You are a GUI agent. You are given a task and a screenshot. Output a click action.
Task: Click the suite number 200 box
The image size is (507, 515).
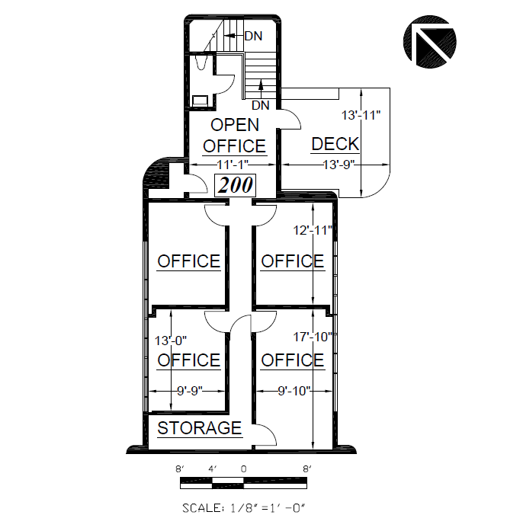click(235, 185)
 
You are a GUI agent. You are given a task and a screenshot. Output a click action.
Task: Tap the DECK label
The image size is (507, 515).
click(335, 144)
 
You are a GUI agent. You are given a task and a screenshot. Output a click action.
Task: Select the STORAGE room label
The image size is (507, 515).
click(200, 428)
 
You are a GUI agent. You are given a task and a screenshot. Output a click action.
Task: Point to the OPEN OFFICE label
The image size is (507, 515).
click(234, 136)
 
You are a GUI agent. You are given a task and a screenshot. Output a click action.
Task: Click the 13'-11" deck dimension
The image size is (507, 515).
click(361, 115)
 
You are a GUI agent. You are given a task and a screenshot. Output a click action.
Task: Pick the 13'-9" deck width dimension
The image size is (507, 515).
click(339, 165)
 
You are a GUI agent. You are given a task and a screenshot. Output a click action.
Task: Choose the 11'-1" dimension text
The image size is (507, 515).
click(233, 165)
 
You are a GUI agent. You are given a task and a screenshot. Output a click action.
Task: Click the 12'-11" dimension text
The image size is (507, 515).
click(313, 230)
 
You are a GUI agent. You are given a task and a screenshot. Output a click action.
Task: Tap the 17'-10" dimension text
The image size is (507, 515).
click(313, 337)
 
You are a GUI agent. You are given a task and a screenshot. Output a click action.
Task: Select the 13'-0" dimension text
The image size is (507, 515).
click(171, 341)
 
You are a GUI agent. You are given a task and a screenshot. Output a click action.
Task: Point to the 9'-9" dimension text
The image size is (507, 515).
click(190, 391)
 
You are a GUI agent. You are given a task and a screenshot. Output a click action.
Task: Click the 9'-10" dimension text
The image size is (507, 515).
click(294, 391)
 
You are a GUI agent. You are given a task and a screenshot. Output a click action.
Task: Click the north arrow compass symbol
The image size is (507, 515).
click(430, 42)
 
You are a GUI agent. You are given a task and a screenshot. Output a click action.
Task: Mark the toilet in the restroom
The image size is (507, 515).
click(201, 62)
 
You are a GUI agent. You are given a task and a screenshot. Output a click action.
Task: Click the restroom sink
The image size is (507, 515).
click(200, 100)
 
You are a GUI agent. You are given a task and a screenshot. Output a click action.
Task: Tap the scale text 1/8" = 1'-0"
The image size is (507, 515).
click(244, 508)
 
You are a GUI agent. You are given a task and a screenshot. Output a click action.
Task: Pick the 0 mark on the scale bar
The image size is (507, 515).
click(243, 469)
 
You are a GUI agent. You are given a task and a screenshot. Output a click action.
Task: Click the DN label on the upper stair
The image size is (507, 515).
click(253, 36)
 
